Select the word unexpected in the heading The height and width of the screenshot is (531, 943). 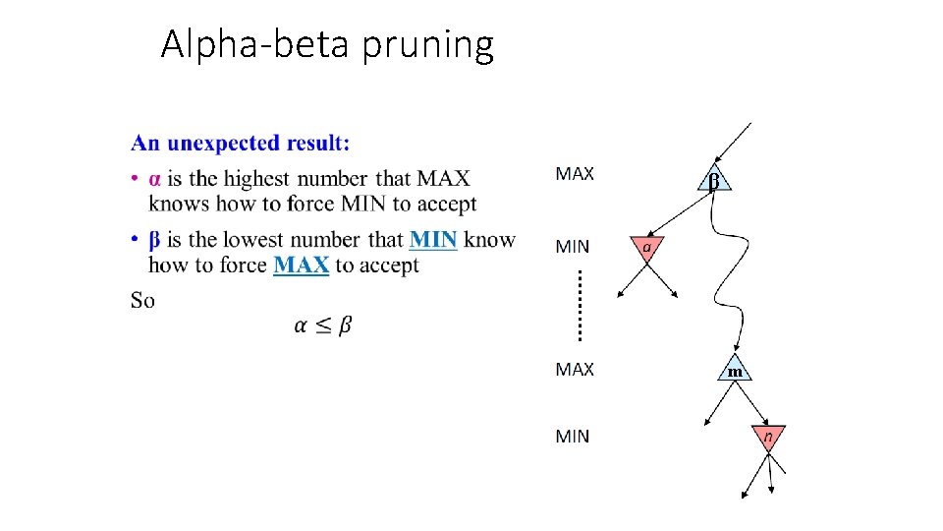click(x=223, y=144)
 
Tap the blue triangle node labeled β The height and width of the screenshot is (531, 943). click(x=714, y=180)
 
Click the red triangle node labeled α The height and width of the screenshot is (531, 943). click(x=646, y=248)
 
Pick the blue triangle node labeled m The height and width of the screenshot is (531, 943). click(x=735, y=369)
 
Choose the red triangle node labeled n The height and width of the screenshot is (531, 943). click(x=768, y=436)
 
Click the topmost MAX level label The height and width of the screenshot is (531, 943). click(x=575, y=174)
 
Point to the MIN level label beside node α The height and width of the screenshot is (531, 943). click(x=573, y=246)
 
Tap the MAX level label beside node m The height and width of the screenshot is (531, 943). click(x=575, y=369)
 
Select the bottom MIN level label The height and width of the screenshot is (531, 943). click(x=573, y=436)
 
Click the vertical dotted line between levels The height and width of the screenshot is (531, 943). click(x=580, y=305)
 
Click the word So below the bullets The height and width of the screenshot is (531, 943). click(x=142, y=300)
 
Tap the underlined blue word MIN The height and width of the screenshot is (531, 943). click(x=433, y=239)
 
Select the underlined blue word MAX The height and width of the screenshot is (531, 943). click(x=301, y=265)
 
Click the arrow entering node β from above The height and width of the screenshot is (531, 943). click(x=735, y=142)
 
